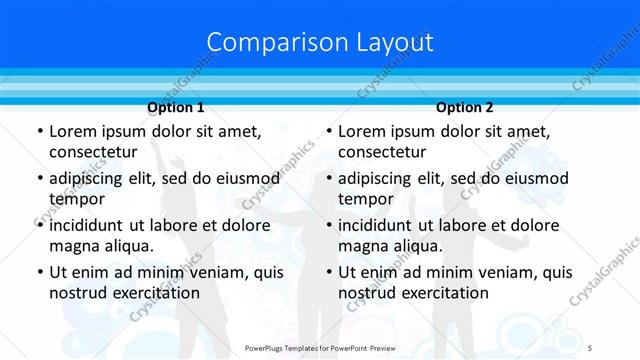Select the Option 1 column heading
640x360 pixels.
pyautogui.click(x=176, y=108)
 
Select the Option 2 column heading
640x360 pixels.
pyautogui.click(x=465, y=108)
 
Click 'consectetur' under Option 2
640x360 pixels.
pyautogui.click(x=382, y=152)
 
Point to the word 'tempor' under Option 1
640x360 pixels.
pyautogui.click(x=77, y=198)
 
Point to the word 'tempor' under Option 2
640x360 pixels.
pyautogui.click(x=366, y=198)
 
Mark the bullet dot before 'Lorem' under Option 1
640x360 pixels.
pyautogui.click(x=39, y=132)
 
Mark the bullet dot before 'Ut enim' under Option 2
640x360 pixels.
pyautogui.click(x=328, y=272)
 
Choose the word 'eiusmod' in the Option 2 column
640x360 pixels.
pyautogui.click(x=537, y=179)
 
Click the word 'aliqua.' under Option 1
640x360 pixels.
pyautogui.click(x=126, y=245)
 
